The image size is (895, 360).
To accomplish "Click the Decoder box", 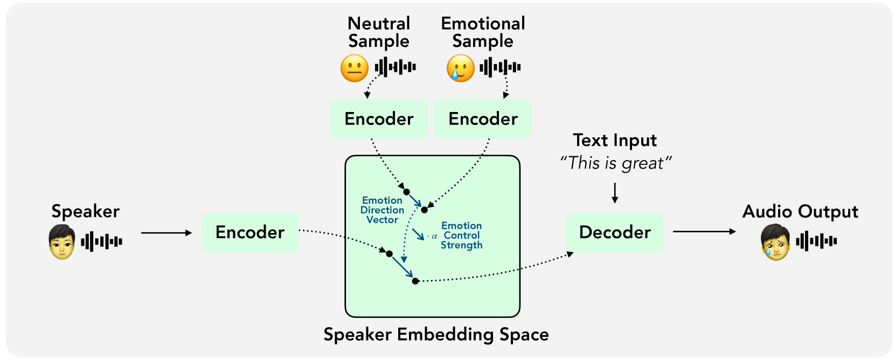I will click(614, 232).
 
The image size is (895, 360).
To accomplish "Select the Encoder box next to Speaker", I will click(249, 232).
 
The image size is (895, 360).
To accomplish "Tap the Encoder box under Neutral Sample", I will click(379, 119).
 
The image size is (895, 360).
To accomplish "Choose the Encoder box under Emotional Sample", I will click(483, 119).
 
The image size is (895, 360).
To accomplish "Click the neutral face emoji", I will click(354, 68).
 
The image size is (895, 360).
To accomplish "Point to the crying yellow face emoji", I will click(460, 68).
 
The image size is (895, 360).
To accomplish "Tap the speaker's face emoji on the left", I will click(62, 242).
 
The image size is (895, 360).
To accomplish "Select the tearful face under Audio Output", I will click(775, 242).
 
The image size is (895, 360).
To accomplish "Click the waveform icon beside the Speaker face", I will click(101, 241).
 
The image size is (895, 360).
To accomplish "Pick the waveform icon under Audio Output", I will click(816, 241).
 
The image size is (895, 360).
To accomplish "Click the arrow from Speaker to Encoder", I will click(166, 233).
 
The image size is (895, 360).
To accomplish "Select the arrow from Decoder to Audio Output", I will click(704, 232).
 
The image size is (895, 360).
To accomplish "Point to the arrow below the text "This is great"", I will click(615, 193).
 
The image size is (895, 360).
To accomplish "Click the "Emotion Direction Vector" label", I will click(382, 210).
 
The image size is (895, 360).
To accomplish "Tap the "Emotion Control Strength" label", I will click(461, 236).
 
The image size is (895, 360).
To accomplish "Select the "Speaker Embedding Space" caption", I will click(436, 335).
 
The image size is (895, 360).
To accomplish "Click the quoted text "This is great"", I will click(615, 163).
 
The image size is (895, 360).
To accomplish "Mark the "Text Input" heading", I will click(615, 140).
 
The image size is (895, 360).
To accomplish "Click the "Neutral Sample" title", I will click(379, 32).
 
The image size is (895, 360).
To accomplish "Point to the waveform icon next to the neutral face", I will click(395, 67).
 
